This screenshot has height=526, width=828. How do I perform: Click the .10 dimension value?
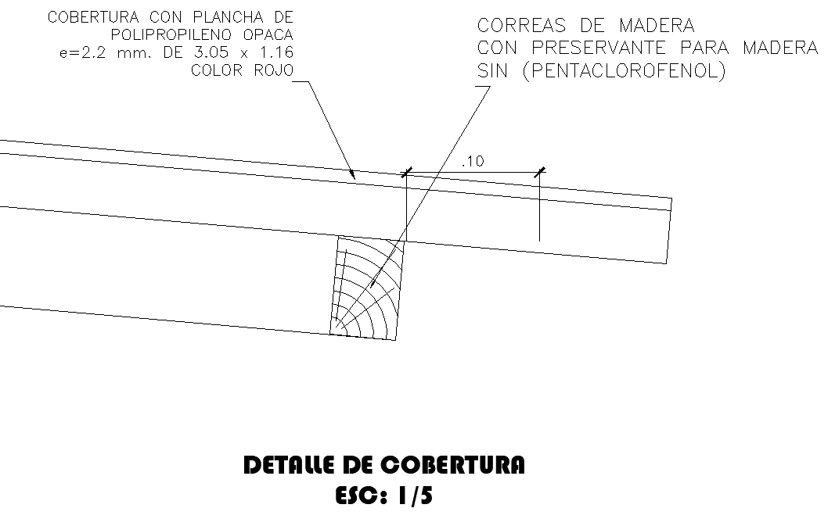click(473, 162)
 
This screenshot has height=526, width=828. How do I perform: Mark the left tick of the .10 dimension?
click(406, 173)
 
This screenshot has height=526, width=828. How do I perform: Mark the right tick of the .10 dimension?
click(539, 173)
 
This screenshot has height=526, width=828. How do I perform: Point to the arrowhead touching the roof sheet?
click(354, 176)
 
